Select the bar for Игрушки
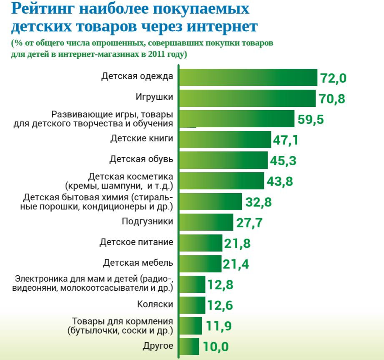[x=248, y=98]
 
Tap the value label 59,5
[x=311, y=119]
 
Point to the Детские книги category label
[x=141, y=139]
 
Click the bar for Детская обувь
[x=224, y=160]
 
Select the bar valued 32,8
[x=211, y=202]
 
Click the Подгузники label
[x=147, y=222]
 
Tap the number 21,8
[x=237, y=243]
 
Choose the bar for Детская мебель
[x=201, y=264]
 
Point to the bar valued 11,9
[x=191, y=325]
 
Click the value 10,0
[x=216, y=347]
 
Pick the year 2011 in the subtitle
[x=154, y=55]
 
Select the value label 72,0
[x=334, y=78]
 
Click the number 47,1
[x=286, y=140]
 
